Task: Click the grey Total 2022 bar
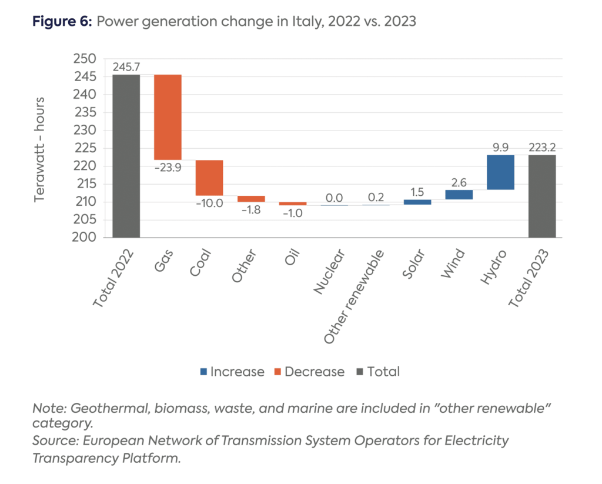point(126,156)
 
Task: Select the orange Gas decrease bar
point(168,116)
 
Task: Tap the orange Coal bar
point(209,178)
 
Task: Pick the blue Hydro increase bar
point(500,172)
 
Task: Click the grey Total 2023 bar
point(542,196)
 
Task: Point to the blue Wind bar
point(459,195)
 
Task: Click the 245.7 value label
point(126,66)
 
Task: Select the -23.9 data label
point(168,168)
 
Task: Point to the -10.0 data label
point(209,203)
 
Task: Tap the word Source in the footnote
point(53,440)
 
